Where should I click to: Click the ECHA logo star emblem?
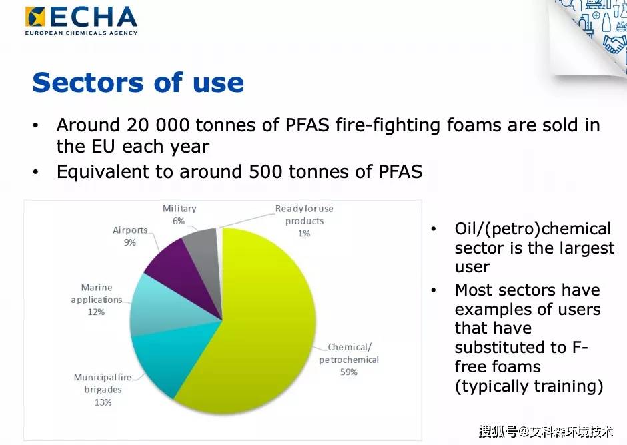tap(35, 17)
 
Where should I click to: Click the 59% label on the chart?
tap(349, 372)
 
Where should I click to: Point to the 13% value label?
tap(103, 402)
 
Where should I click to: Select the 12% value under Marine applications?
tap(96, 312)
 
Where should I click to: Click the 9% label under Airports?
tap(130, 242)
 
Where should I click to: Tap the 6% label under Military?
tap(179, 221)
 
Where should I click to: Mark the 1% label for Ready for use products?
tap(304, 233)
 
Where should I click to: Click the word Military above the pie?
tap(179, 209)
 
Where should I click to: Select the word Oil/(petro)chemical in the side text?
tap(533, 229)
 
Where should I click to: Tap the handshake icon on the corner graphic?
tap(614, 44)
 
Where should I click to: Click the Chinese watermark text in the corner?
tap(546, 432)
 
